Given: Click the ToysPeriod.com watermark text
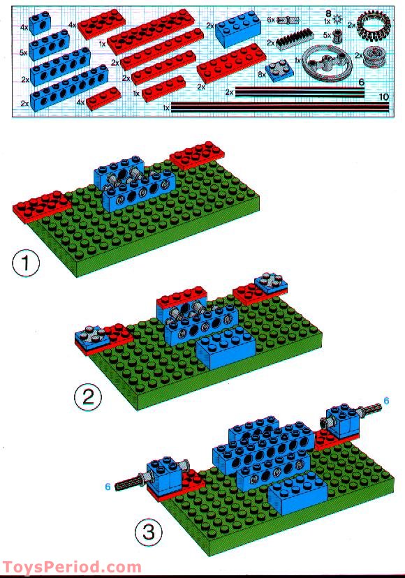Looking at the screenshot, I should point(71,568).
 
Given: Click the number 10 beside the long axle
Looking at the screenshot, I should point(383,96).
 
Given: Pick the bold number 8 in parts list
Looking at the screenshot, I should point(328,13).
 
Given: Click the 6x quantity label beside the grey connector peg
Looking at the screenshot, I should point(271,20).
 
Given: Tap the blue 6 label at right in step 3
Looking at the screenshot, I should point(385,401).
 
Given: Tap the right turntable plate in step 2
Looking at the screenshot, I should point(267,282).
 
